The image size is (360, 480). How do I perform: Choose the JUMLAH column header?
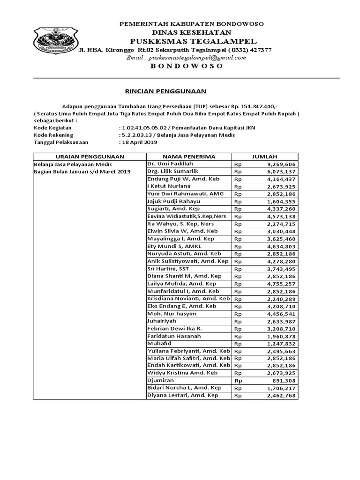click(x=265, y=157)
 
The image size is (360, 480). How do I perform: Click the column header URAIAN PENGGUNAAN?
click(x=89, y=157)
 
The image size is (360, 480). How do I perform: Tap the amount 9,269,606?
click(x=281, y=165)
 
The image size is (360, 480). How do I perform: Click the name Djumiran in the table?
click(x=161, y=381)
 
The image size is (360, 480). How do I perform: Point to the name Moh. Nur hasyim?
click(x=172, y=314)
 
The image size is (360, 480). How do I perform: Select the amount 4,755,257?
click(x=281, y=284)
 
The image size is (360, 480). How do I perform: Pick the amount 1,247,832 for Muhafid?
click(x=281, y=344)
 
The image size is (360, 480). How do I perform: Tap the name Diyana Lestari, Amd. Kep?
click(x=183, y=396)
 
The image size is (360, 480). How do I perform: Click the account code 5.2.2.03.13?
click(x=137, y=135)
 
